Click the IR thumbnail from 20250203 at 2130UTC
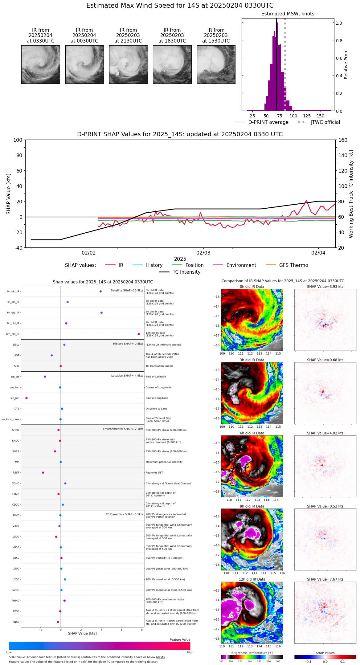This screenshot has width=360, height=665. click(x=128, y=64)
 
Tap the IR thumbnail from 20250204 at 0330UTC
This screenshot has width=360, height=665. click(x=41, y=64)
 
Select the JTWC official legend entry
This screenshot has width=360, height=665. click(x=319, y=122)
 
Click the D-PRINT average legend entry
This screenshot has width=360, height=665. click(x=262, y=122)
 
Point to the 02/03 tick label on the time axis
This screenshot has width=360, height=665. click(x=203, y=253)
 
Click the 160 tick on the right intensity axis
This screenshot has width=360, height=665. click(x=343, y=140)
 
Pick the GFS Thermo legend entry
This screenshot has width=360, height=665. click(x=287, y=265)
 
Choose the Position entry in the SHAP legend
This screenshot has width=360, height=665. click(x=188, y=265)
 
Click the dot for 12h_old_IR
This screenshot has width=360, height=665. click(x=139, y=334)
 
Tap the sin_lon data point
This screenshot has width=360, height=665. click(x=27, y=398)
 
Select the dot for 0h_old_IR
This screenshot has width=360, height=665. click(x=100, y=292)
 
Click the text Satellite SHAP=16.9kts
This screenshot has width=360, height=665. click(x=127, y=291)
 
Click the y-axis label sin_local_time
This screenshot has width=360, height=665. click(x=10, y=419)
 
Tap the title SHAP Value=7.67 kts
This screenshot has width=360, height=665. click(x=325, y=580)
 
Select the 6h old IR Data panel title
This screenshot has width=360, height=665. click(x=252, y=433)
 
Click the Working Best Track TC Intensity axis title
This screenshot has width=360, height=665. click(x=351, y=194)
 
